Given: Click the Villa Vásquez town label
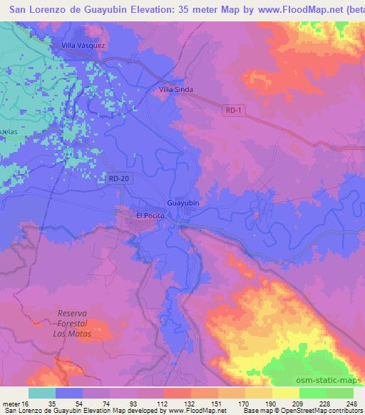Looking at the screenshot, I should click(83, 46).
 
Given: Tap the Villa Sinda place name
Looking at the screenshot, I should click(175, 91).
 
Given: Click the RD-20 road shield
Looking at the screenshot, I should click(120, 179).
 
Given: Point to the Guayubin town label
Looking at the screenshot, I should click(183, 202).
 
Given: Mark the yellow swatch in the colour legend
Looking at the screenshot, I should click(286, 393).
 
